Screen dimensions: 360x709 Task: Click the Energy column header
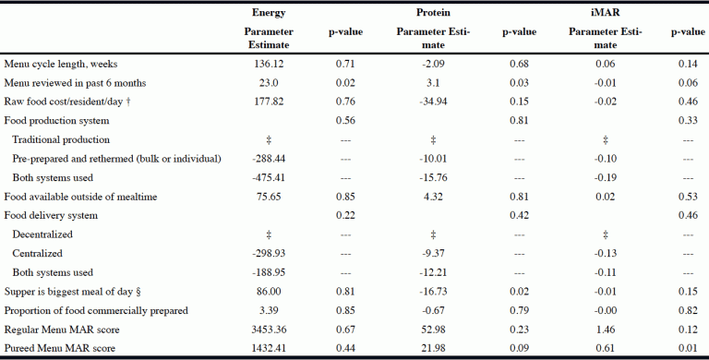point(268,13)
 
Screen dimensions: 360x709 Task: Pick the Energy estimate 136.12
point(268,64)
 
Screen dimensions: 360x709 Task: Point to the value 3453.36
point(268,329)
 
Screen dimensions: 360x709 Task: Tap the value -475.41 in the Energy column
point(268,177)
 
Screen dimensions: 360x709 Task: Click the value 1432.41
point(268,347)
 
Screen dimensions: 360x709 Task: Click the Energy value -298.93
point(268,253)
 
